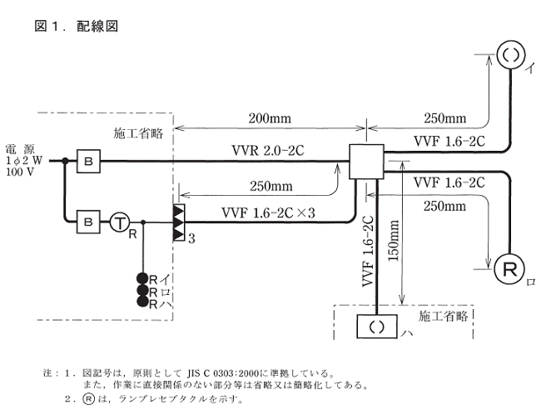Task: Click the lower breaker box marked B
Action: point(87,222)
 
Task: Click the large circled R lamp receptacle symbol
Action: point(509,267)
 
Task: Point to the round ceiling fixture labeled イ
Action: point(509,56)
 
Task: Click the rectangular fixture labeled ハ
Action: point(376,326)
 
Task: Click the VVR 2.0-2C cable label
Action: point(268,150)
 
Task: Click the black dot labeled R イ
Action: point(142,278)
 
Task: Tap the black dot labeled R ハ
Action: point(142,303)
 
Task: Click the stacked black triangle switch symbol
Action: point(178,222)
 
